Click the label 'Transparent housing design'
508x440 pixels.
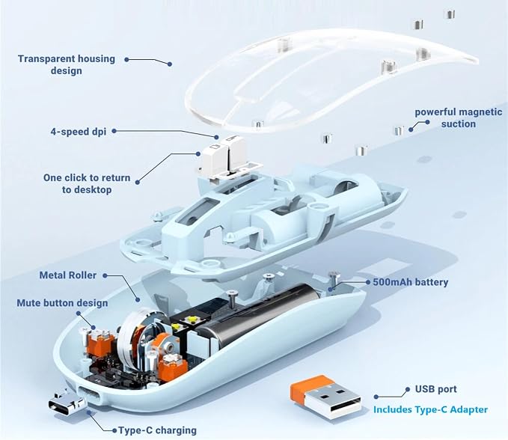tap(67, 65)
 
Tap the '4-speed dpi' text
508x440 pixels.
tap(79, 132)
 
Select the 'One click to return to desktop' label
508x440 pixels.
tap(87, 184)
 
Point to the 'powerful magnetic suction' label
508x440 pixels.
tap(459, 118)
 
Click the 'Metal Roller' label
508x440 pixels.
tap(68, 275)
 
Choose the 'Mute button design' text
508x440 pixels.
tap(62, 303)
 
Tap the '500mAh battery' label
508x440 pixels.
tap(411, 282)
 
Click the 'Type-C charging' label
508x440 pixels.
tap(157, 430)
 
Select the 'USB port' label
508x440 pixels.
tap(435, 389)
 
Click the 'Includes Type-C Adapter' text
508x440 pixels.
tap(431, 409)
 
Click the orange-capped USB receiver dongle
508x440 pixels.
tap(325, 397)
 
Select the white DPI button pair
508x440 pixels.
tap(220, 153)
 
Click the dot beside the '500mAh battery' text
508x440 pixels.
tap(367, 282)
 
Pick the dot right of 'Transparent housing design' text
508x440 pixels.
tap(126, 60)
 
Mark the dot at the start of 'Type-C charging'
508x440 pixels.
tap(114, 430)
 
